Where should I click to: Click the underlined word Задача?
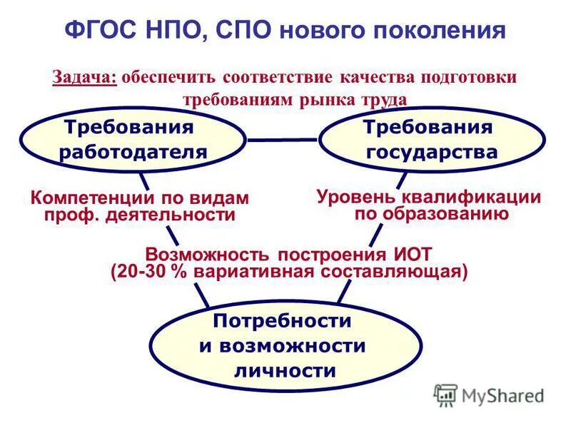pyautogui.click(x=85, y=77)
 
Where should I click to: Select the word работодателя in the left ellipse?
pyautogui.click(x=133, y=152)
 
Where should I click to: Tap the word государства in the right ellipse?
pyautogui.click(x=432, y=152)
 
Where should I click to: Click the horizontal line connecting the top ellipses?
pyautogui.click(x=283, y=139)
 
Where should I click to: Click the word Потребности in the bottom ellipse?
pyautogui.click(x=283, y=321)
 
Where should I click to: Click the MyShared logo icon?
pyautogui.click(x=445, y=394)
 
